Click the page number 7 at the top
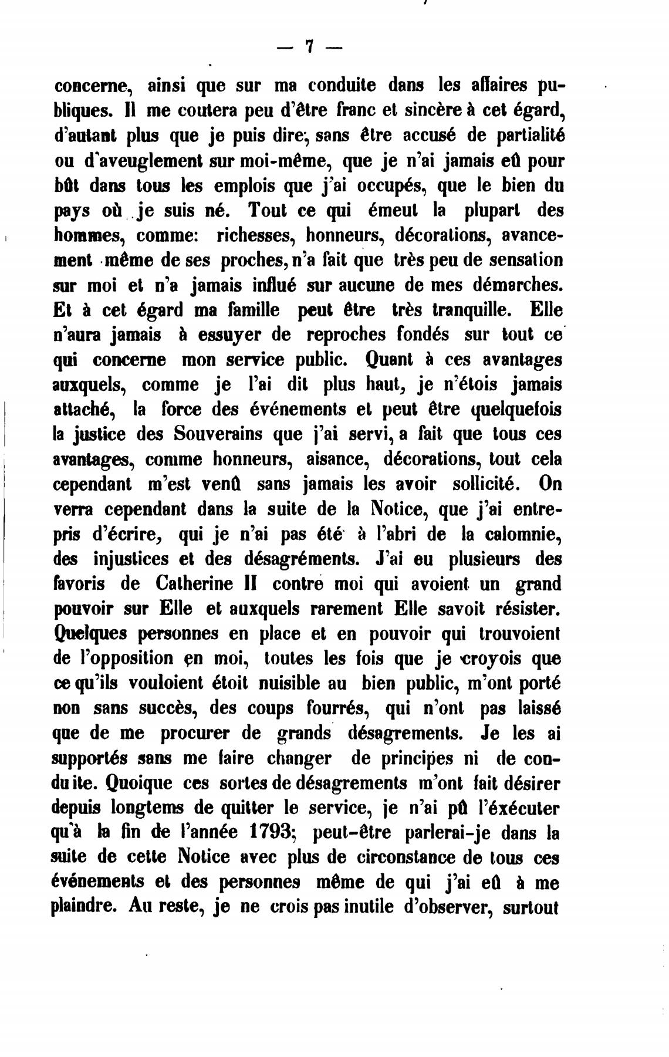point(309,46)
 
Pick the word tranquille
point(473,310)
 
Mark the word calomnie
point(526,535)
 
